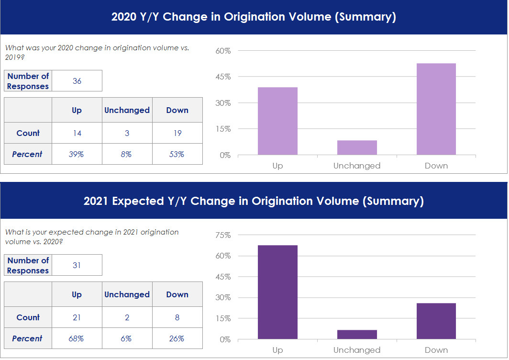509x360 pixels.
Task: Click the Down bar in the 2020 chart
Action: [436, 109]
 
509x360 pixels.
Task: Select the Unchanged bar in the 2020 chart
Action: [357, 147]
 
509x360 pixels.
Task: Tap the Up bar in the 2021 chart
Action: [277, 292]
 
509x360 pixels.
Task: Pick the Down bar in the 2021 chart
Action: [436, 321]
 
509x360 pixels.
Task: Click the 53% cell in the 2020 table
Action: [177, 154]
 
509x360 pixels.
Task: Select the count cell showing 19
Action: [177, 133]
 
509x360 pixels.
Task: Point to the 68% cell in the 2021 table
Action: [77, 338]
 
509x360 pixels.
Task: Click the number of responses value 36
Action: [77, 81]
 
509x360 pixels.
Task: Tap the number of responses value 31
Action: [77, 265]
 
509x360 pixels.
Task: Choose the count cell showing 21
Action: [77, 317]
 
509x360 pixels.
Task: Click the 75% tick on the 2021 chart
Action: [223, 235]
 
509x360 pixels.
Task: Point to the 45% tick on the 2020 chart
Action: [223, 77]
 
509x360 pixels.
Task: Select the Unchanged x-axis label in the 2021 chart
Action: [357, 350]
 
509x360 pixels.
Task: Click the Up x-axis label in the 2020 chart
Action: [277, 166]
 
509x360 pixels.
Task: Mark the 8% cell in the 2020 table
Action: [127, 154]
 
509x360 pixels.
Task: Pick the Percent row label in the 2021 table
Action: [27, 338]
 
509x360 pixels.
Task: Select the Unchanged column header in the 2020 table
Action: [127, 110]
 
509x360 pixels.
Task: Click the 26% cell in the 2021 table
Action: [177, 338]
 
